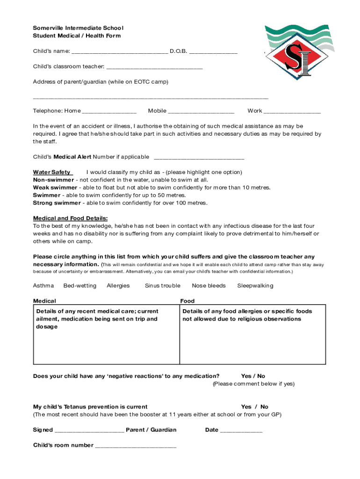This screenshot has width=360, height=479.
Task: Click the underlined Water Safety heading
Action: [52, 172]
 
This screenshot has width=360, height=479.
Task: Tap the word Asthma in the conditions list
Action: [43, 286]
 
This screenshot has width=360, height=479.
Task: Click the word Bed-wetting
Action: [80, 286]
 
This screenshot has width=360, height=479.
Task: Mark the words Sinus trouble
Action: [162, 286]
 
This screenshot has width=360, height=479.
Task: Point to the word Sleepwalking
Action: [255, 286]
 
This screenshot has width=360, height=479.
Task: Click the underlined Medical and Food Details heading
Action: [70, 218]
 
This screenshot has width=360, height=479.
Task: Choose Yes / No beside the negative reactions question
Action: [253, 376]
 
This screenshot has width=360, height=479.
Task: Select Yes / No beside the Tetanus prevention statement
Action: [254, 407]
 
